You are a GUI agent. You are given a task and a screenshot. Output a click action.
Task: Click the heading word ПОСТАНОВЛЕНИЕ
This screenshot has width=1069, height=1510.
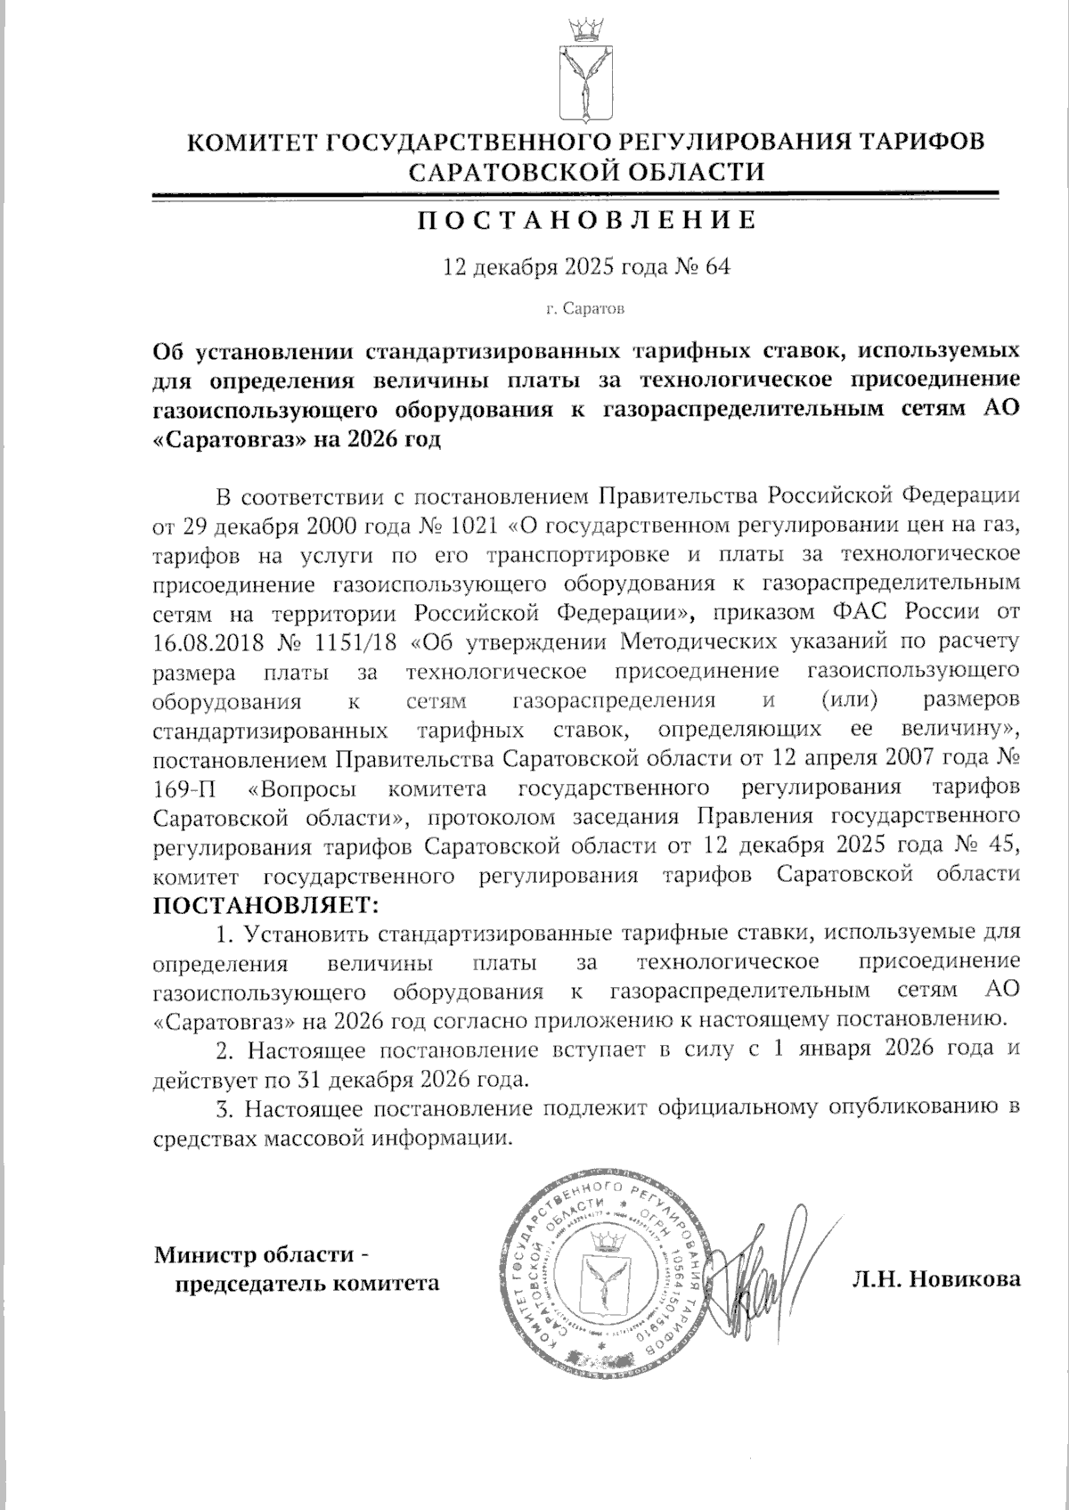(x=587, y=220)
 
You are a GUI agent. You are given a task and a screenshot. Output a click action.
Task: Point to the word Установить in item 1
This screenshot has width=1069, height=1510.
(x=311, y=935)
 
